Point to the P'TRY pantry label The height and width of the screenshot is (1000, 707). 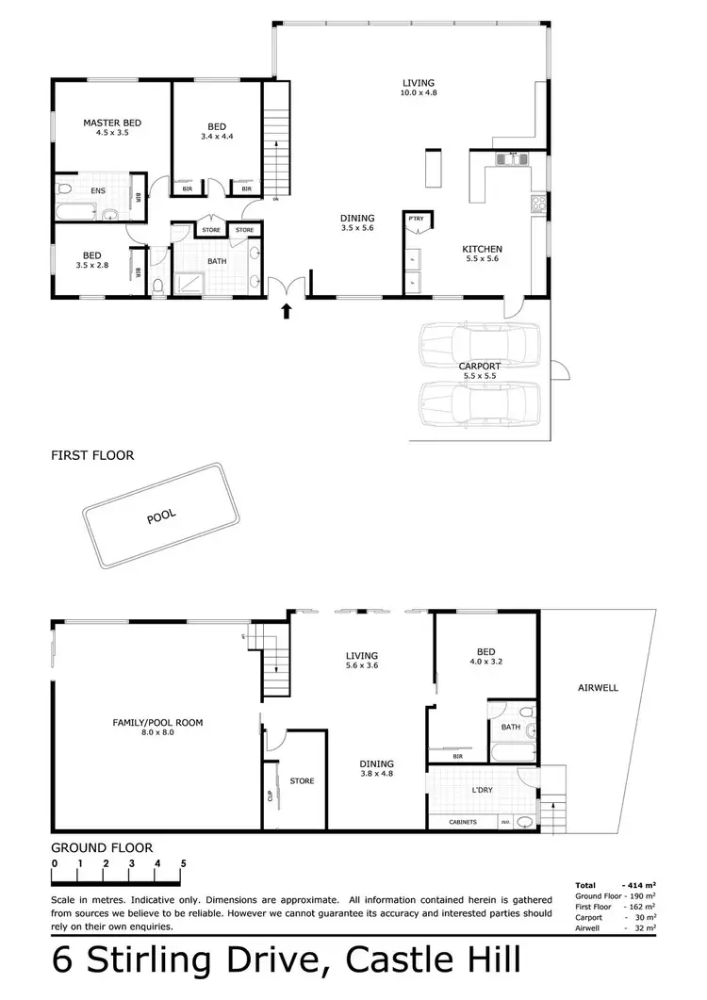(x=416, y=219)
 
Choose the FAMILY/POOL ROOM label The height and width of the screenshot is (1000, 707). (x=157, y=722)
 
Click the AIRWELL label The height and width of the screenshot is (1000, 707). (x=598, y=688)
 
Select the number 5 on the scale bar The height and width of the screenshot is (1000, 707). (x=183, y=863)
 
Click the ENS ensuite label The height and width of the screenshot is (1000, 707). (x=98, y=191)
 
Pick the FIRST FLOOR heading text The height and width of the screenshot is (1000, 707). (x=92, y=455)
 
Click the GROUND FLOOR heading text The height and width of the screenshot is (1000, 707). (x=102, y=847)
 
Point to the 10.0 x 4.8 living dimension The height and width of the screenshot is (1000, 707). (x=419, y=93)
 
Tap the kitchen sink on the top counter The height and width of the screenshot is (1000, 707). (x=512, y=159)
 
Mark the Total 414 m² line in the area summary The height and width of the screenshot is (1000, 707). (x=616, y=885)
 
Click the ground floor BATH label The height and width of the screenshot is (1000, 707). (x=511, y=727)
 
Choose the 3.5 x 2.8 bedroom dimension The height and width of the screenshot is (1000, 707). (x=91, y=265)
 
